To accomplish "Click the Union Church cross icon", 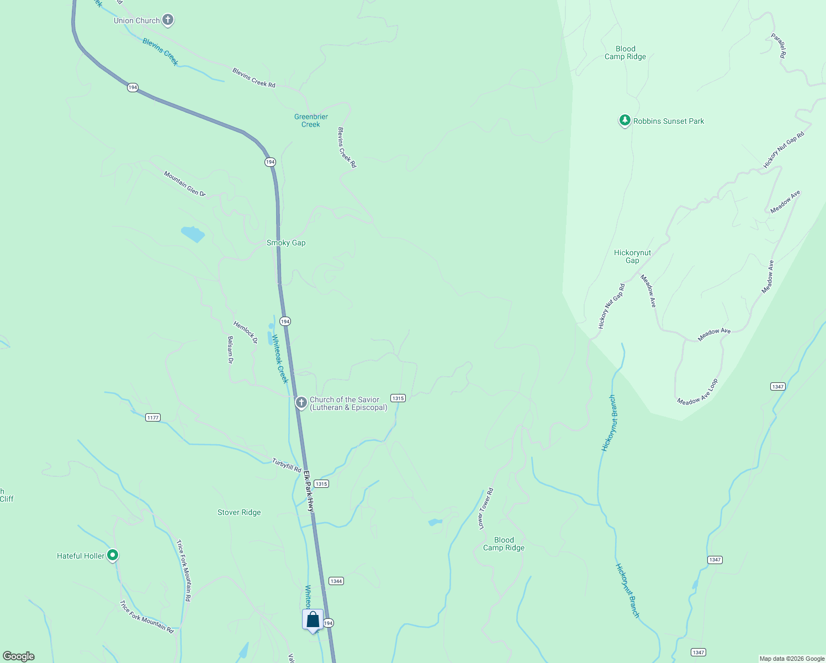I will tap(168, 20).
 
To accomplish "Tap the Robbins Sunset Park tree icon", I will tap(624, 120).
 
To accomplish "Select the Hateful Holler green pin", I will tap(113, 555).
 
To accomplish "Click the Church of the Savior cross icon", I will tap(301, 403).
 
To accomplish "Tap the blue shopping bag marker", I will tap(313, 620).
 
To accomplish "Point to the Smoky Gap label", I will tap(286, 243).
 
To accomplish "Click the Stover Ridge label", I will tap(239, 512).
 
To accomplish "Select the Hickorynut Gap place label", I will tap(632, 256).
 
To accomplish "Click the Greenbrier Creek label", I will tap(311, 120).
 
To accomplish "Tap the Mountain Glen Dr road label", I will tap(184, 183).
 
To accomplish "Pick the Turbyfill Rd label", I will tap(287, 465).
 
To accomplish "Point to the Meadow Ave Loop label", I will tap(698, 392).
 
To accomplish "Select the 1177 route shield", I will tap(153, 417).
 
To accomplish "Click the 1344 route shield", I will tap(336, 581).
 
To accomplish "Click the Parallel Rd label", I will tap(779, 46).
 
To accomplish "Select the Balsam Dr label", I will tap(230, 350).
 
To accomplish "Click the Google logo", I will tap(19, 656).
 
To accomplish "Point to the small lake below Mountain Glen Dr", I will tap(193, 234).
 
